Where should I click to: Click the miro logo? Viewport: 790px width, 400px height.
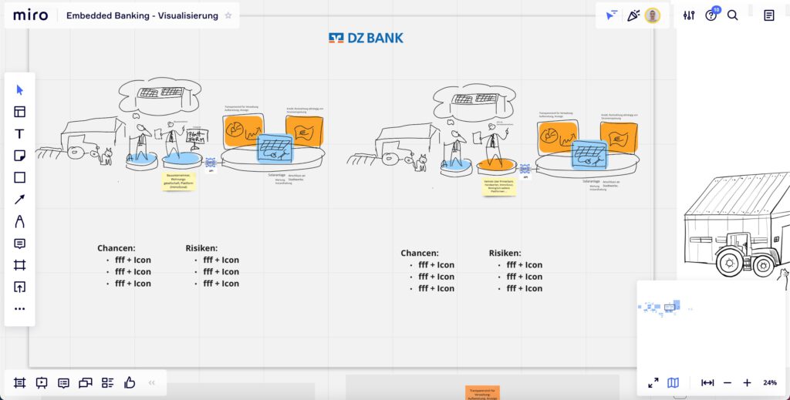(30, 15)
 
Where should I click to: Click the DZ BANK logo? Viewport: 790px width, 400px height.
(366, 38)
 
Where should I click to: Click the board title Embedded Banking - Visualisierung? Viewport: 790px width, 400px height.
(141, 15)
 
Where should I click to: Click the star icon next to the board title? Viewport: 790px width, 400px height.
(228, 15)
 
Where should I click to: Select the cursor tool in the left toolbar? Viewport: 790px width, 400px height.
(20, 89)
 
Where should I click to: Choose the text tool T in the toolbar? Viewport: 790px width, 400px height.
(20, 133)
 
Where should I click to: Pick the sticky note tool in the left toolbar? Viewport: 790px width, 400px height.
(20, 156)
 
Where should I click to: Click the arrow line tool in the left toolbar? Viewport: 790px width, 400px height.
(20, 200)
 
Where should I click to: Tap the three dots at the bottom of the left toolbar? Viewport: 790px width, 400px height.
(20, 308)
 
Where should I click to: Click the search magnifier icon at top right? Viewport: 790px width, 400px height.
(733, 15)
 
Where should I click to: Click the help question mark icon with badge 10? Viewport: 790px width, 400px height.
(711, 15)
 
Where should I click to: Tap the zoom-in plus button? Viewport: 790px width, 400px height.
(747, 382)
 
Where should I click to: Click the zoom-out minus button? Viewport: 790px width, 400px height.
(728, 382)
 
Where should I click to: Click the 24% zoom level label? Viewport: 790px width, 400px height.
(770, 382)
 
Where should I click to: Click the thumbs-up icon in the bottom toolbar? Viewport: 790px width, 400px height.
(130, 382)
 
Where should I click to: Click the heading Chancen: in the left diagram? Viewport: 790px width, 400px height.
(116, 248)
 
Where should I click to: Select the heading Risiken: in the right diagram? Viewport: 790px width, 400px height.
(505, 253)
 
